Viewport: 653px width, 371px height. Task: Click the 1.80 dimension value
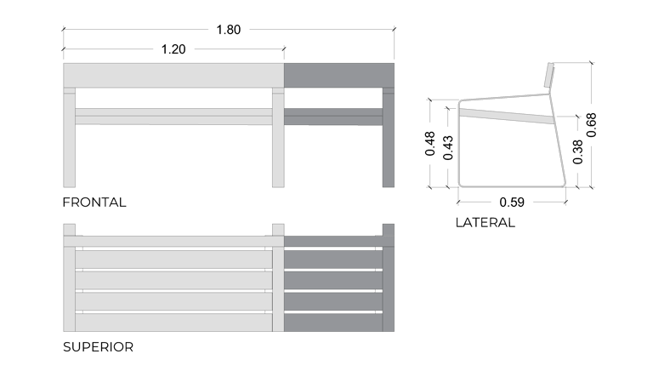(x=228, y=30)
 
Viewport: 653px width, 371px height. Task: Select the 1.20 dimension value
(x=173, y=49)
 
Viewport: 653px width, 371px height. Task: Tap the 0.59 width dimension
(x=512, y=203)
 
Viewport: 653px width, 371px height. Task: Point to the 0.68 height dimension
(x=592, y=125)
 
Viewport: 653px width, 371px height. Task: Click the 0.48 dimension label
(x=429, y=144)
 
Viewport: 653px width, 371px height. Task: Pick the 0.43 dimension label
(x=448, y=147)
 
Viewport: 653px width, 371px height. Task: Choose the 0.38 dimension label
(x=577, y=151)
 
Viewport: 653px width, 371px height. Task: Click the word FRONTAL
(x=94, y=203)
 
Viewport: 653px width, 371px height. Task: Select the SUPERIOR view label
(x=99, y=347)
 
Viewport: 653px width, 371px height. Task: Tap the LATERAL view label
(x=485, y=223)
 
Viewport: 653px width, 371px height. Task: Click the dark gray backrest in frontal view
(x=339, y=76)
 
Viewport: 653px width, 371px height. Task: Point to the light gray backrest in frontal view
(x=173, y=76)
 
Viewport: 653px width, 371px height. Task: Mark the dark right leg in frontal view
(x=388, y=138)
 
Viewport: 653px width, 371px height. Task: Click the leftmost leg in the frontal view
(x=69, y=138)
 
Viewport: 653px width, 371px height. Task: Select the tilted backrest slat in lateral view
(x=549, y=75)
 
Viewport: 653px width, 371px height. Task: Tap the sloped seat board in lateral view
(x=506, y=116)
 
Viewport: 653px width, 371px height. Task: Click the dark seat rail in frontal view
(x=333, y=117)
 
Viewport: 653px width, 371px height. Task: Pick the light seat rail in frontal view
(x=173, y=117)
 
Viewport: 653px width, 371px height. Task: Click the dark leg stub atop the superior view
(x=388, y=230)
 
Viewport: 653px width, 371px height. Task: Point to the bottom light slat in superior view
(x=173, y=322)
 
